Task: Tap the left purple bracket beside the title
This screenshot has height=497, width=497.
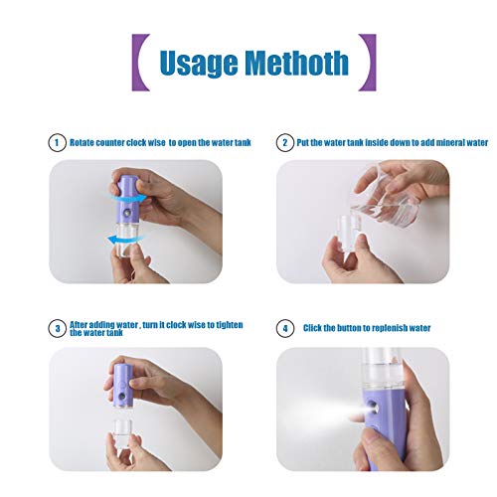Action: point(141,62)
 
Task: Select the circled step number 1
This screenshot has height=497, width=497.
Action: point(57,143)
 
